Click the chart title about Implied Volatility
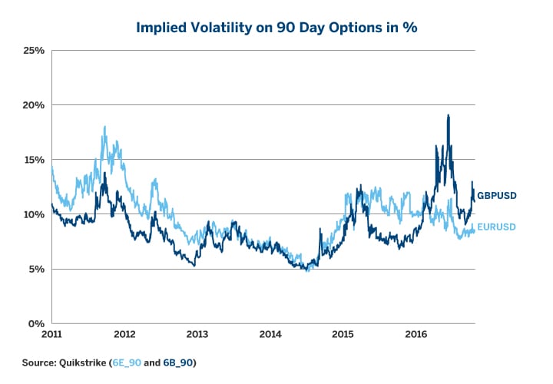coord(276,27)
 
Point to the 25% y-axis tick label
coord(34,51)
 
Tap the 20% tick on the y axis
coord(34,105)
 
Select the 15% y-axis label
coord(34,160)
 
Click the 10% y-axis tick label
coord(34,214)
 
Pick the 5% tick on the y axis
coord(36,269)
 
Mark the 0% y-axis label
coord(36,323)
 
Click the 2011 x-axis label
coord(51,335)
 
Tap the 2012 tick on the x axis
coord(124,335)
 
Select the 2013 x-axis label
coord(197,335)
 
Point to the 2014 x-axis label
coord(270,335)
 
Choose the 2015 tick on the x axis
coord(343,335)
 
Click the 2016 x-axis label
coord(416,335)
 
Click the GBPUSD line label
coord(496,196)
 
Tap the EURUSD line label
coord(496,227)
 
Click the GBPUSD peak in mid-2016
coord(448,115)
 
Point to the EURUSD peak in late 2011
coord(104,127)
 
